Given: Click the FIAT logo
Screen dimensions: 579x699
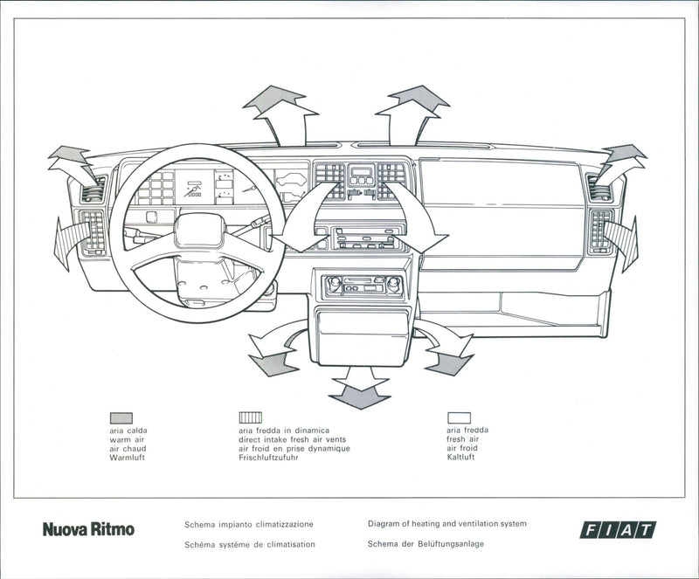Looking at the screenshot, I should (618, 529).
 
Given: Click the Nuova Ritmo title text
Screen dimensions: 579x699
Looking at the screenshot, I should (88, 529).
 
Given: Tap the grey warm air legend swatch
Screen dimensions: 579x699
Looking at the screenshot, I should (121, 417).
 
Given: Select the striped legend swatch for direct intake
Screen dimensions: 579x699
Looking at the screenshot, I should (250, 417).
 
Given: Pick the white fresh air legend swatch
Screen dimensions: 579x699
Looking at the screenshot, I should (459, 417).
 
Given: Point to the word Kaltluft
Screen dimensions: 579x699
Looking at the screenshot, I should (460, 458).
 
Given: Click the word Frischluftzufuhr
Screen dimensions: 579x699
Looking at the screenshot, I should (268, 458).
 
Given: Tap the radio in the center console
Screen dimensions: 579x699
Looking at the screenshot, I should (363, 285).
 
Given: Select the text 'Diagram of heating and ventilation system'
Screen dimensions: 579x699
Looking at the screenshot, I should (446, 524).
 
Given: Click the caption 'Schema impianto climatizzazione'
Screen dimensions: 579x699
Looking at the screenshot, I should (249, 525).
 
